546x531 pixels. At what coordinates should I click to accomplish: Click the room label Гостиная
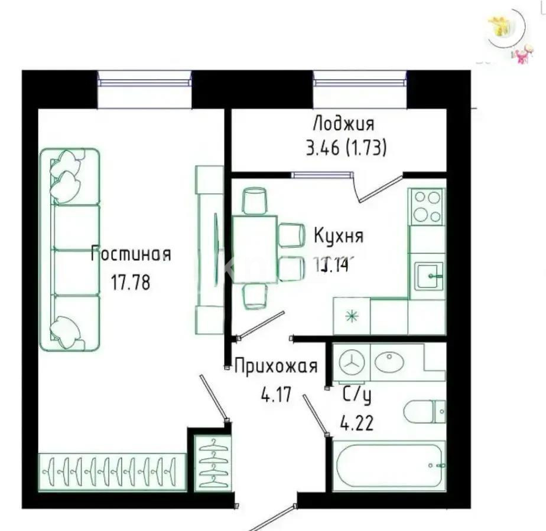tap(131, 255)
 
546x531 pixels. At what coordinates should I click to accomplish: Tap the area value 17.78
tap(131, 282)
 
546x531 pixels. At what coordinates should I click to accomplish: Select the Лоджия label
tap(343, 124)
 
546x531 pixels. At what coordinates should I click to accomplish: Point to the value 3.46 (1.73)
tap(346, 148)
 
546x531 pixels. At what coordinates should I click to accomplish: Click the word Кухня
tap(339, 237)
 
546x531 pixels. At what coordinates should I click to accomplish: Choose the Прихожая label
tap(276, 366)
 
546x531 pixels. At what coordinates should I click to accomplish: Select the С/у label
tap(357, 396)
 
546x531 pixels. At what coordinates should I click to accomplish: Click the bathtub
tap(389, 466)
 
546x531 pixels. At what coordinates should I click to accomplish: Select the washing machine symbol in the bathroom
tap(352, 362)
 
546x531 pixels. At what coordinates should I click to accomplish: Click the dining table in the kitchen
tap(255, 249)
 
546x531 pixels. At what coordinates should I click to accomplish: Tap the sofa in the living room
tap(70, 250)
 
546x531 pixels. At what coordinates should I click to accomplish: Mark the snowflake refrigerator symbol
tap(352, 316)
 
